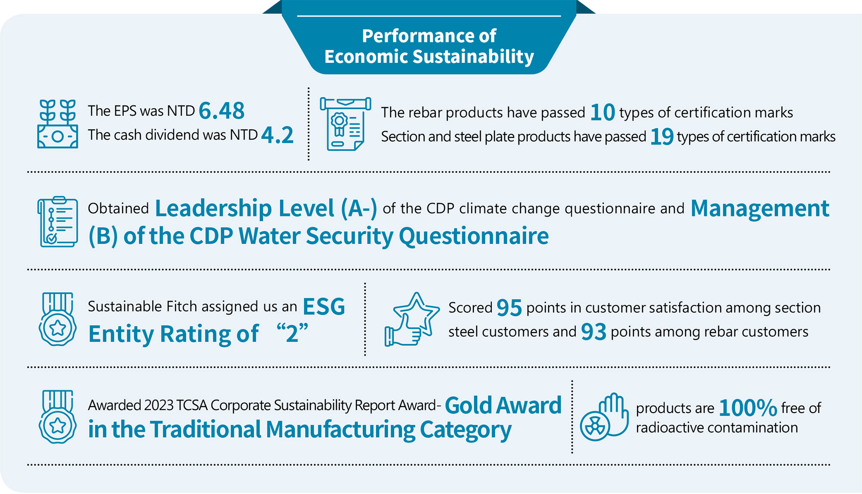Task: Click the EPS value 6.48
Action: [x=222, y=111]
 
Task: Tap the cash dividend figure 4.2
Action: [x=277, y=135]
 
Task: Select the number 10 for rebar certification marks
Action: [x=602, y=112]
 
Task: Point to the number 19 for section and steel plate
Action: [x=662, y=137]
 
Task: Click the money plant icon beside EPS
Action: [x=58, y=124]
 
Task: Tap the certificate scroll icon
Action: [x=345, y=124]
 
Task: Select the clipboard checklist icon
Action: [x=58, y=222]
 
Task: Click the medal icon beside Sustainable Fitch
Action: [x=58, y=319]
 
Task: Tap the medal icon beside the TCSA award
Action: [x=58, y=417]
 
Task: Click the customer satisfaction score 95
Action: [x=509, y=308]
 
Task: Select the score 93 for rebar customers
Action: [x=593, y=332]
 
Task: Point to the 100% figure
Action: [x=748, y=408]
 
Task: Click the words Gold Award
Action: [x=503, y=405]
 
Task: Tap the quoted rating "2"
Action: [x=292, y=333]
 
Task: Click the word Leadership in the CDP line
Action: [x=214, y=208]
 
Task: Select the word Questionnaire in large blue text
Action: [x=474, y=236]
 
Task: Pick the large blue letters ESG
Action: [x=324, y=307]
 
